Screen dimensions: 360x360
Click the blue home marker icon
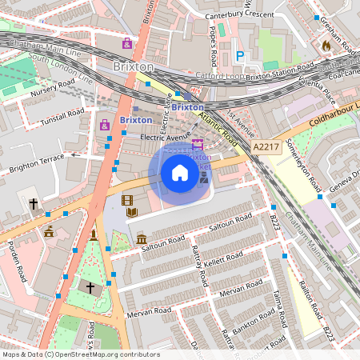(180, 172)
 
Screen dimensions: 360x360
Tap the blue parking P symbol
(239, 56)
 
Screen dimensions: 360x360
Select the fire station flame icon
(326, 46)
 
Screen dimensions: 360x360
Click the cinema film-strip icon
(126, 200)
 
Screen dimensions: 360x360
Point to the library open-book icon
(132, 213)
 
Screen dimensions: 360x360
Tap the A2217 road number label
(266, 147)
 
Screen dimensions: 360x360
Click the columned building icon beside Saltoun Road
(141, 239)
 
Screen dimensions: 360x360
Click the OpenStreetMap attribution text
(80, 354)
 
